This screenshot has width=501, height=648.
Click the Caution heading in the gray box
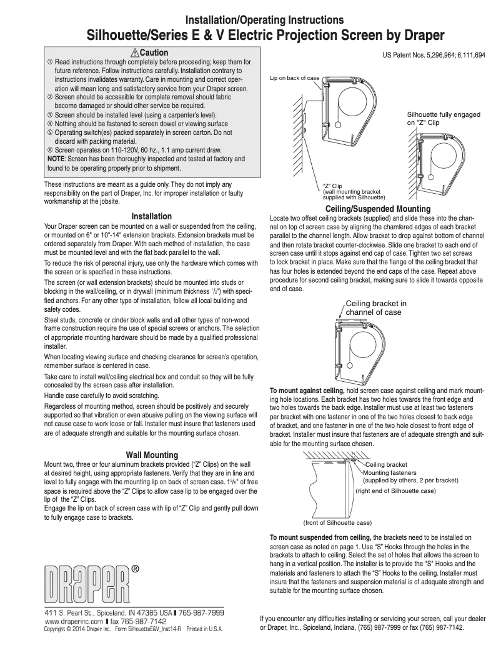point(154,52)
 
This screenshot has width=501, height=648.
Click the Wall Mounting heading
point(152,454)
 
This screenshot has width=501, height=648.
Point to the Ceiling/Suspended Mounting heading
point(378,208)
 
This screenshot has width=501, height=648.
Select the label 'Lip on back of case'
point(294,78)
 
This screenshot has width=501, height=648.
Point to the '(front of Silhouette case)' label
point(337,522)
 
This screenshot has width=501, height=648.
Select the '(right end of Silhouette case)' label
point(395,491)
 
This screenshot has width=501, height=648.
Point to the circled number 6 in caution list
point(50,151)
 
